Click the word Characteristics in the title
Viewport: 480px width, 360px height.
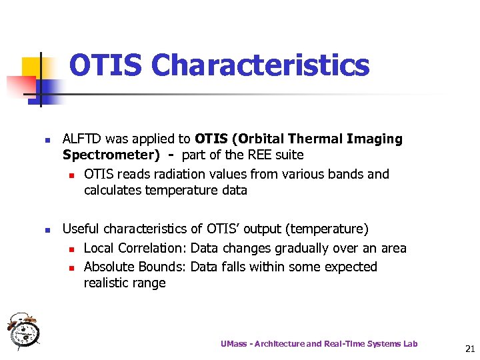pos(260,65)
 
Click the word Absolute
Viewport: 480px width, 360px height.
pos(109,267)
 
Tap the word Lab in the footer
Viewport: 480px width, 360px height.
pos(410,344)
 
